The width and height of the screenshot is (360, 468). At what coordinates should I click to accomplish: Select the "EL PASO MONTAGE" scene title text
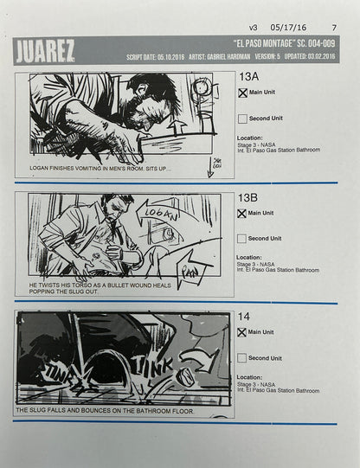(x=276, y=44)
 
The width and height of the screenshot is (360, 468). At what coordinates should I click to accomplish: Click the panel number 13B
(x=250, y=197)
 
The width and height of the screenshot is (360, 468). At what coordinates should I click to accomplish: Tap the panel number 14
(x=244, y=317)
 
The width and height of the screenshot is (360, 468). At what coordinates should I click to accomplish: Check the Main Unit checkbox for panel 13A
(x=243, y=93)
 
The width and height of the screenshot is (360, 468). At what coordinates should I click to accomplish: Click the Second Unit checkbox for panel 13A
(x=243, y=119)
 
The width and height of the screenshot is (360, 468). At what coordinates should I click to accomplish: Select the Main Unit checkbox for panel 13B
(x=243, y=213)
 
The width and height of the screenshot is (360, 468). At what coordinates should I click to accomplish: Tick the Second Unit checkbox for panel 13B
(x=243, y=238)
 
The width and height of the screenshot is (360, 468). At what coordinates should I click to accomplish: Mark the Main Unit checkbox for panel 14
(x=243, y=332)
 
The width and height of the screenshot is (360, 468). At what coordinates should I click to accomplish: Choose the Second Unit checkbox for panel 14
(x=243, y=357)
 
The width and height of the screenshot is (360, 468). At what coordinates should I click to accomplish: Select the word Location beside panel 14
(x=250, y=376)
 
